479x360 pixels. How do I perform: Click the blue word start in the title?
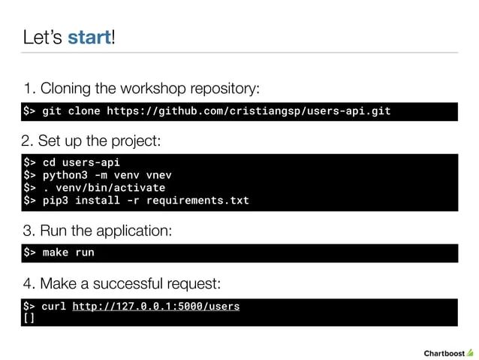tap(89, 37)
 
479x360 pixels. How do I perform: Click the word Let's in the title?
tap(42, 37)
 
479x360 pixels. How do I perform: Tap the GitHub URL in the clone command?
tap(249, 112)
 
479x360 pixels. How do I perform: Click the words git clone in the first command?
tap(71, 112)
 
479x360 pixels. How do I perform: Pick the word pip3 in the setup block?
tap(56, 201)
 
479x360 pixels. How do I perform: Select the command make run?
tap(68, 253)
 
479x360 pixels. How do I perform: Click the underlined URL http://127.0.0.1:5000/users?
tap(156, 307)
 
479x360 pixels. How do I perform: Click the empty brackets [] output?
tap(29, 318)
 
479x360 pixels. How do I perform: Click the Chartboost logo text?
tap(444, 352)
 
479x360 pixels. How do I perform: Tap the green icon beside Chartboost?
tap(470, 351)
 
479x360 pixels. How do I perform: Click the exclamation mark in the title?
tap(113, 37)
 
